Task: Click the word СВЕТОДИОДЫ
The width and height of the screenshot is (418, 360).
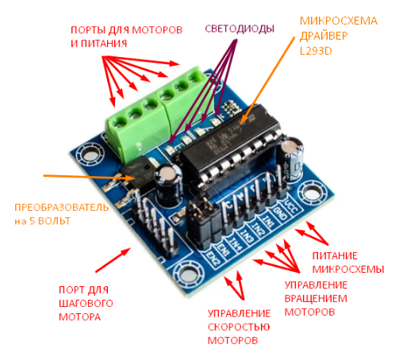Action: click(x=240, y=29)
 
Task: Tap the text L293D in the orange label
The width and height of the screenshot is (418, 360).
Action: click(x=316, y=51)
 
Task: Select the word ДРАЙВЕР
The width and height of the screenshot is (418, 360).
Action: click(x=324, y=36)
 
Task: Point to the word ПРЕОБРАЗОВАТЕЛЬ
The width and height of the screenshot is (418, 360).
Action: click(x=62, y=207)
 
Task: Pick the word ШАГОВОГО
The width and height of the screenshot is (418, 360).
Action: click(x=86, y=304)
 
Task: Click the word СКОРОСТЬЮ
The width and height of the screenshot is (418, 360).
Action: click(x=239, y=327)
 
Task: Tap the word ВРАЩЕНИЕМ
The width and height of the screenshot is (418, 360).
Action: click(x=316, y=299)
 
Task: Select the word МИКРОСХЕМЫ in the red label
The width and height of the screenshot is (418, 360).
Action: click(x=348, y=270)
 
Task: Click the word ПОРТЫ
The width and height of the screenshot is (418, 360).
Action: click(x=88, y=30)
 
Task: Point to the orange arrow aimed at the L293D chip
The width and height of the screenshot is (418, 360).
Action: click(x=268, y=80)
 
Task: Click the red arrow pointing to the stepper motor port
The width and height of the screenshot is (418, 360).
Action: click(x=113, y=260)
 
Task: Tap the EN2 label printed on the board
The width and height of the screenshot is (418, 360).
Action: click(x=213, y=258)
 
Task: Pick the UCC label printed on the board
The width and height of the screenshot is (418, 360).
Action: click(x=291, y=206)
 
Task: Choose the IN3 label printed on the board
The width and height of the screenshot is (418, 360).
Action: click(x=246, y=236)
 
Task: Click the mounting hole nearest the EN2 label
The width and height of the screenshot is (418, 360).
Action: click(x=189, y=274)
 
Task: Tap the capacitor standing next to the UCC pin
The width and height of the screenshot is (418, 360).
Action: click(x=293, y=160)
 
